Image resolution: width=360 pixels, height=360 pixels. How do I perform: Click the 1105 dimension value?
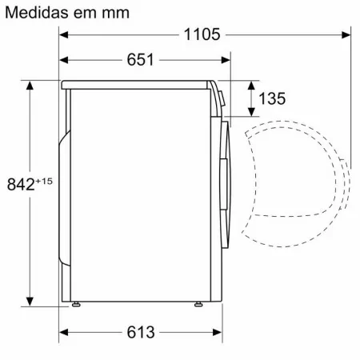202,34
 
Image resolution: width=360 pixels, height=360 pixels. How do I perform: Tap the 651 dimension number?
140,59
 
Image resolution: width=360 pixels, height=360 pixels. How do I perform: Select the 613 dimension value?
141,332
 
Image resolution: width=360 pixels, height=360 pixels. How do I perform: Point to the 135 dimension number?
272,98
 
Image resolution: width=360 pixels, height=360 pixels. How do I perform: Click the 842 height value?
21,184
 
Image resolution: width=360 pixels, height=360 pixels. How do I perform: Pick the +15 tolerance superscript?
44,182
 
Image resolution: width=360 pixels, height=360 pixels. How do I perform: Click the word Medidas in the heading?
38,12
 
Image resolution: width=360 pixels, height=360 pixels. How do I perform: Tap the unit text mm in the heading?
115,14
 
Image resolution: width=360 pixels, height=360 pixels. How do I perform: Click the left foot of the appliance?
76,304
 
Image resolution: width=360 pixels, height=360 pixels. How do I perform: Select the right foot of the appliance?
198,304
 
